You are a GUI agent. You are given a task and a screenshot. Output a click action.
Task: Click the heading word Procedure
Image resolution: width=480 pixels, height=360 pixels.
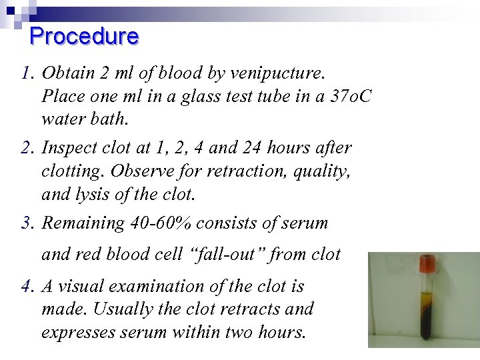tap(85, 36)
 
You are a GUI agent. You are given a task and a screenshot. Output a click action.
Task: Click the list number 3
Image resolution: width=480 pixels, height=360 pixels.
tap(26, 223)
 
